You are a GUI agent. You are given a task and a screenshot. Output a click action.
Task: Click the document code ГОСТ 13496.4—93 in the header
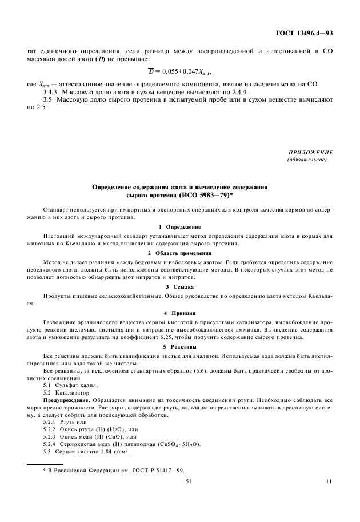(x=303, y=33)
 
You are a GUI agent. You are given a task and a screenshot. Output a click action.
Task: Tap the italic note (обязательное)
(x=307, y=160)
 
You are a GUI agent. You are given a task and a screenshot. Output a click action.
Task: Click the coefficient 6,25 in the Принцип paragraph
(x=163, y=337)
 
